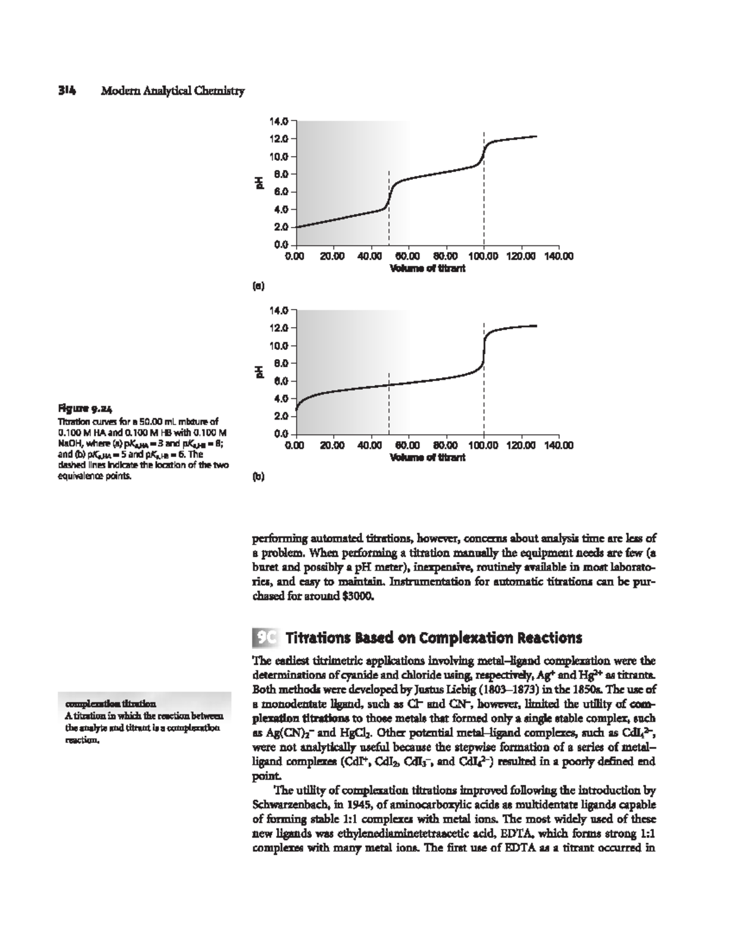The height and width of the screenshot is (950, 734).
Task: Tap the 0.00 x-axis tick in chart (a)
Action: click(x=295, y=256)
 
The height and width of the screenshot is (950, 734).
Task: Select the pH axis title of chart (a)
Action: click(x=259, y=182)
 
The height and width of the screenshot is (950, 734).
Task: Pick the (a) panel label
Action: click(x=259, y=284)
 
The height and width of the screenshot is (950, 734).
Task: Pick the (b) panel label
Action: click(x=259, y=478)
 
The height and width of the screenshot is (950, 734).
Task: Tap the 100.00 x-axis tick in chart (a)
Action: click(x=483, y=256)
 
